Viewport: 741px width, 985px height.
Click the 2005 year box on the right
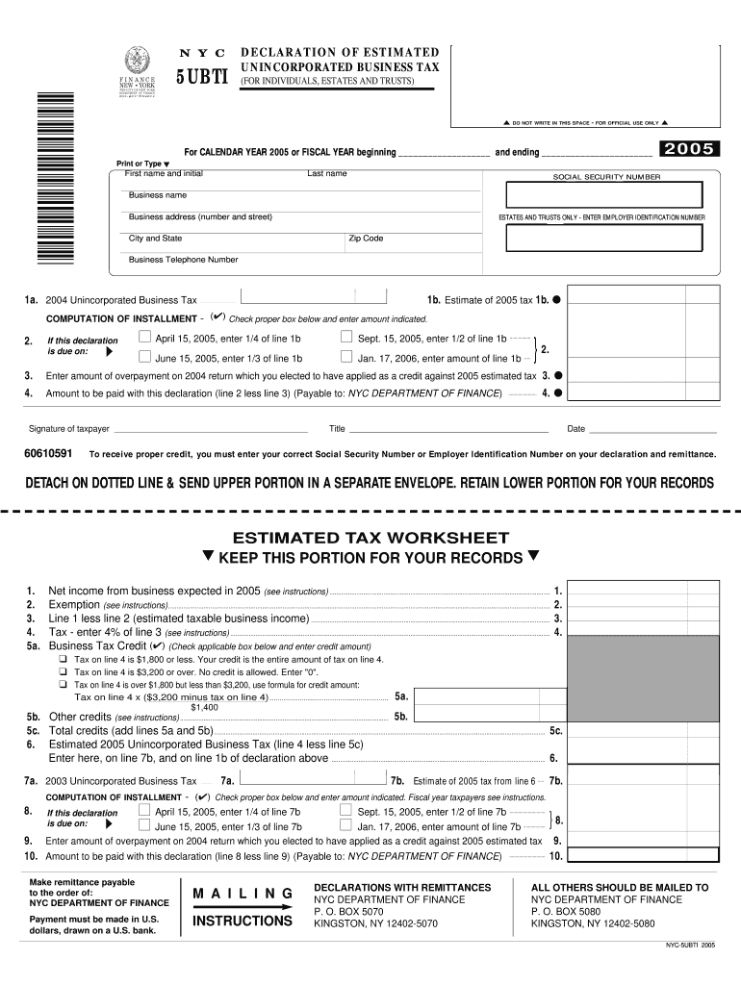[686, 148]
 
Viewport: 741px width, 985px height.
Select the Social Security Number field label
[606, 177]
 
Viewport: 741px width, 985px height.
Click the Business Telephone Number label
[183, 260]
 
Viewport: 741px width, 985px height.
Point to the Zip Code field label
[366, 239]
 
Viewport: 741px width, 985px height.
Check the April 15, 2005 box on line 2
[144, 338]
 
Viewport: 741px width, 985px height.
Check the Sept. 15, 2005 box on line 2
[346, 338]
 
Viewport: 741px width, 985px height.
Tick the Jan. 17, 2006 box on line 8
[346, 825]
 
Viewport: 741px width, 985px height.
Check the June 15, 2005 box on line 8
[144, 825]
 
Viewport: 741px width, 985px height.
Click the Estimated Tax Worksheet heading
[370, 538]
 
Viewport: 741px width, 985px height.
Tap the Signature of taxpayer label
[69, 429]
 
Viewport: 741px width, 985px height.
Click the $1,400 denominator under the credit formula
[204, 706]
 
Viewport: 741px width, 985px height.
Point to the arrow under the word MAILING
[242, 906]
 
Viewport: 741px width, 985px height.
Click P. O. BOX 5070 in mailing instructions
[348, 911]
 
